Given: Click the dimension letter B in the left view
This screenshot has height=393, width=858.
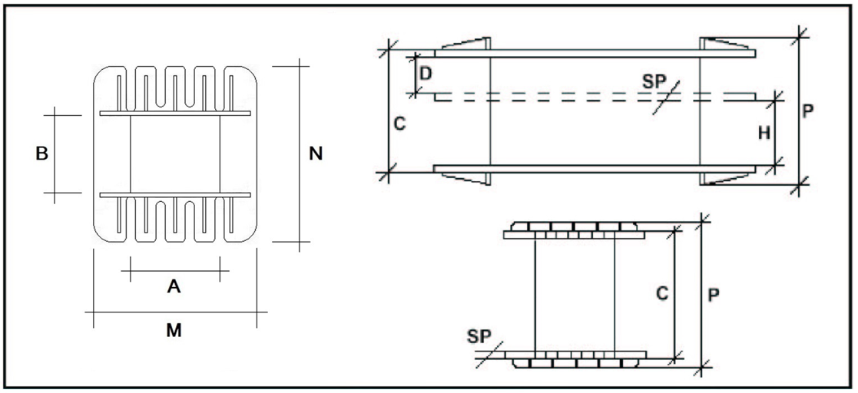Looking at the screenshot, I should tap(42, 154).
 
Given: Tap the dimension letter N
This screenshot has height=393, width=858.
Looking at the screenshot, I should tap(315, 154).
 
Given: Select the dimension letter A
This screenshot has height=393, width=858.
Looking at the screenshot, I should tap(174, 287).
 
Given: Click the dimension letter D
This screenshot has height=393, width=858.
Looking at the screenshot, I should tap(426, 74).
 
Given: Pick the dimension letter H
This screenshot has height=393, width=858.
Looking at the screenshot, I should tap(764, 133).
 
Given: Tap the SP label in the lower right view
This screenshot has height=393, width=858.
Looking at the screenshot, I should tap(477, 335).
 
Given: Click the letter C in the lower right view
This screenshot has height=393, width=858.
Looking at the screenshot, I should tap(663, 292).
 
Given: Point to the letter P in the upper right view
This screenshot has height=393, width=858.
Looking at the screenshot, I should tap(807, 111).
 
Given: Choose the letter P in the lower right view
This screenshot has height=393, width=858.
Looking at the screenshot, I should tap(713, 295).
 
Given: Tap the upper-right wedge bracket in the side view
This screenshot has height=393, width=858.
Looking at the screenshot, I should tap(726, 44).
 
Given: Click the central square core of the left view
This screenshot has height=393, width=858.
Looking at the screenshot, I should tap(174, 154).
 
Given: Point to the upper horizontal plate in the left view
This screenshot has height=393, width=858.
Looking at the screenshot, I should tap(174, 114).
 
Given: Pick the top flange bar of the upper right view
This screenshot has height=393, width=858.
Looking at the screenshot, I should tap(595, 53).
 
